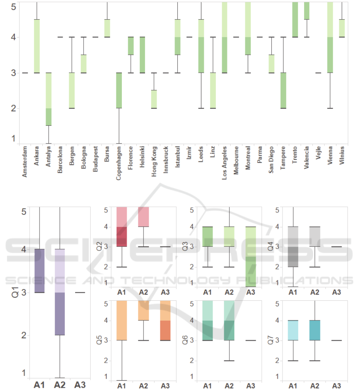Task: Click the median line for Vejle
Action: pyautogui.click(x=318, y=73)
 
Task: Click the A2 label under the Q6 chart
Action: pyautogui.click(x=229, y=385)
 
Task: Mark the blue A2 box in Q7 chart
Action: pyautogui.click(x=315, y=330)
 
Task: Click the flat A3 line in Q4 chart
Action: pyautogui.click(x=336, y=247)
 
